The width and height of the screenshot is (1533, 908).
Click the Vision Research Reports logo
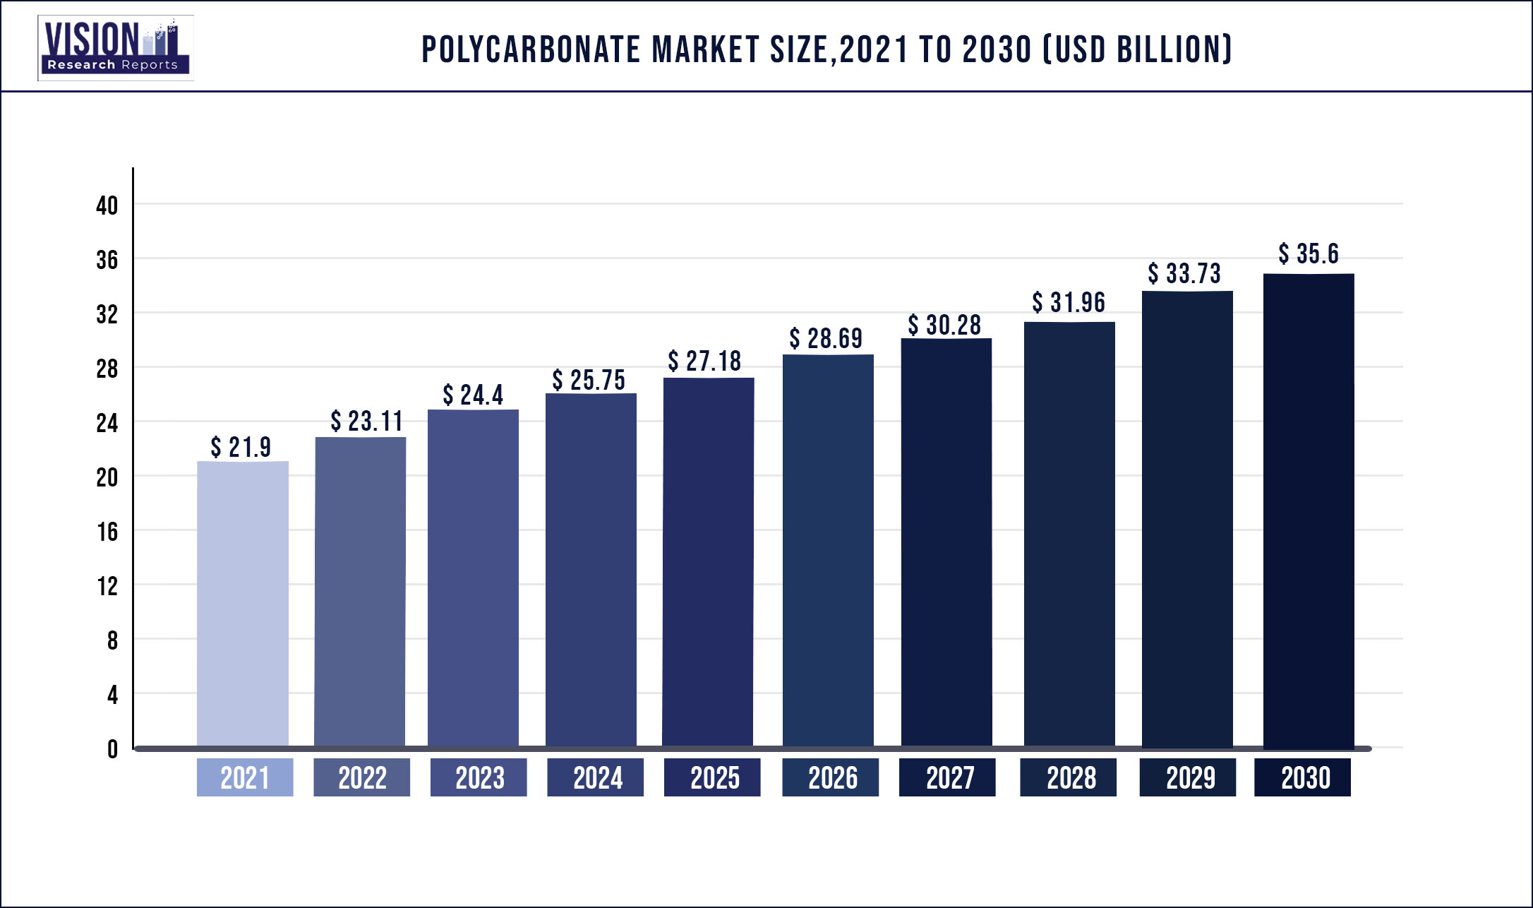116,48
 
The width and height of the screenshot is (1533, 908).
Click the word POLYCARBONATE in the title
531,50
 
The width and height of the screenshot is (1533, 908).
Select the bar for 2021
243,604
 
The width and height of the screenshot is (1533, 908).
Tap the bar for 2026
828,551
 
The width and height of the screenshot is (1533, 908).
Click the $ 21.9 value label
241,447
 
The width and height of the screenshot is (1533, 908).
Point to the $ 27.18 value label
704,362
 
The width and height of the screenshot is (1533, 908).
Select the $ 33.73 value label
1184,274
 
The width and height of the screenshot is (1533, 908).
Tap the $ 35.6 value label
1309,254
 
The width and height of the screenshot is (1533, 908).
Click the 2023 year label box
479,777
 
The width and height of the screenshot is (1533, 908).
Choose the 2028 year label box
1069,777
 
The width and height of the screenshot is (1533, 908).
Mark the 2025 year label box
712,777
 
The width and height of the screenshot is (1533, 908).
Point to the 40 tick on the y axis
107,205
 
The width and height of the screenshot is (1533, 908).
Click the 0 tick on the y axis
112,749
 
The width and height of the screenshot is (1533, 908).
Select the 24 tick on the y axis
107,423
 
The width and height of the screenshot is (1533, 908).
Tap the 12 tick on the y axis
107,586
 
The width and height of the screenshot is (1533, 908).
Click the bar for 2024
591,569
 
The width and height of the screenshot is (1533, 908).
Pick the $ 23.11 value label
366,422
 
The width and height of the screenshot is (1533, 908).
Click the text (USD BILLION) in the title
1137,50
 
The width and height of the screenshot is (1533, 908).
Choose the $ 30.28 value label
944,325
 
